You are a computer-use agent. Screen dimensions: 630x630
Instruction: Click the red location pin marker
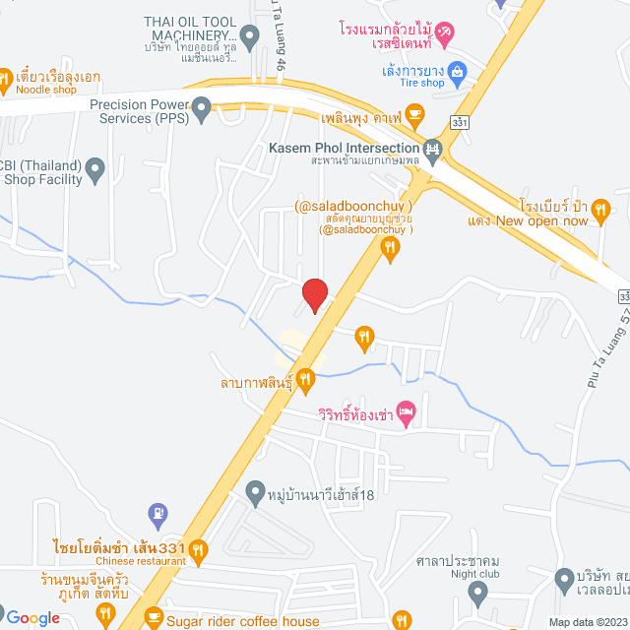[x=314, y=294]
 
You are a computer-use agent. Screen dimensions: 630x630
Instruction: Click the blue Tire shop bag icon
[x=457, y=71]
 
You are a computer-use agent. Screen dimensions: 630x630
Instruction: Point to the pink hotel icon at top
[x=444, y=35]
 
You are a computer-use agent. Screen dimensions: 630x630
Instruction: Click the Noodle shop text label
[x=46, y=90]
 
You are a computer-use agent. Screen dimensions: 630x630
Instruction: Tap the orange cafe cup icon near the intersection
[x=415, y=115]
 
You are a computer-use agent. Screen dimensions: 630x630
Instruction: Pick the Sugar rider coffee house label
[x=243, y=620]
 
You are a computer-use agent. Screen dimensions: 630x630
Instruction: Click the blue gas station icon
[x=157, y=513]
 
